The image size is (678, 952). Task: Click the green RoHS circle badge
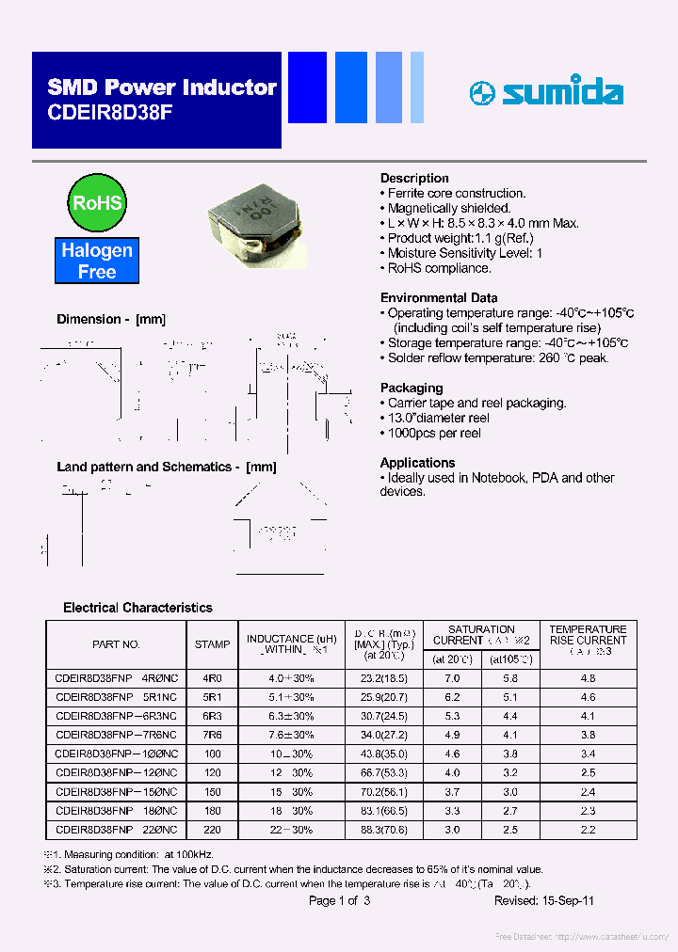click(96, 202)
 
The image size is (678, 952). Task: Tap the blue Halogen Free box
click(97, 262)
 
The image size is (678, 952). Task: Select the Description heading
click(414, 178)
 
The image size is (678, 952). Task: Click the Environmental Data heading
click(439, 297)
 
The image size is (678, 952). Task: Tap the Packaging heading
click(412, 388)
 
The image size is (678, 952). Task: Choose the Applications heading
click(417, 463)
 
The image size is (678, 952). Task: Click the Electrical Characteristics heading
click(137, 608)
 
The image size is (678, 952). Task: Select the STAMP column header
click(212, 644)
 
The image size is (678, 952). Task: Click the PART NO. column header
click(116, 644)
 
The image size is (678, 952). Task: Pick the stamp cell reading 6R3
click(212, 716)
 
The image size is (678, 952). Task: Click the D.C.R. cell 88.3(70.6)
click(386, 829)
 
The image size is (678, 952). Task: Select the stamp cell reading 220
click(212, 829)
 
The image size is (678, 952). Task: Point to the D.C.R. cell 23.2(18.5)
click(386, 678)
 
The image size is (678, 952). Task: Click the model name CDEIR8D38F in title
click(110, 112)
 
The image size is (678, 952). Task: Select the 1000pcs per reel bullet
click(434, 433)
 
